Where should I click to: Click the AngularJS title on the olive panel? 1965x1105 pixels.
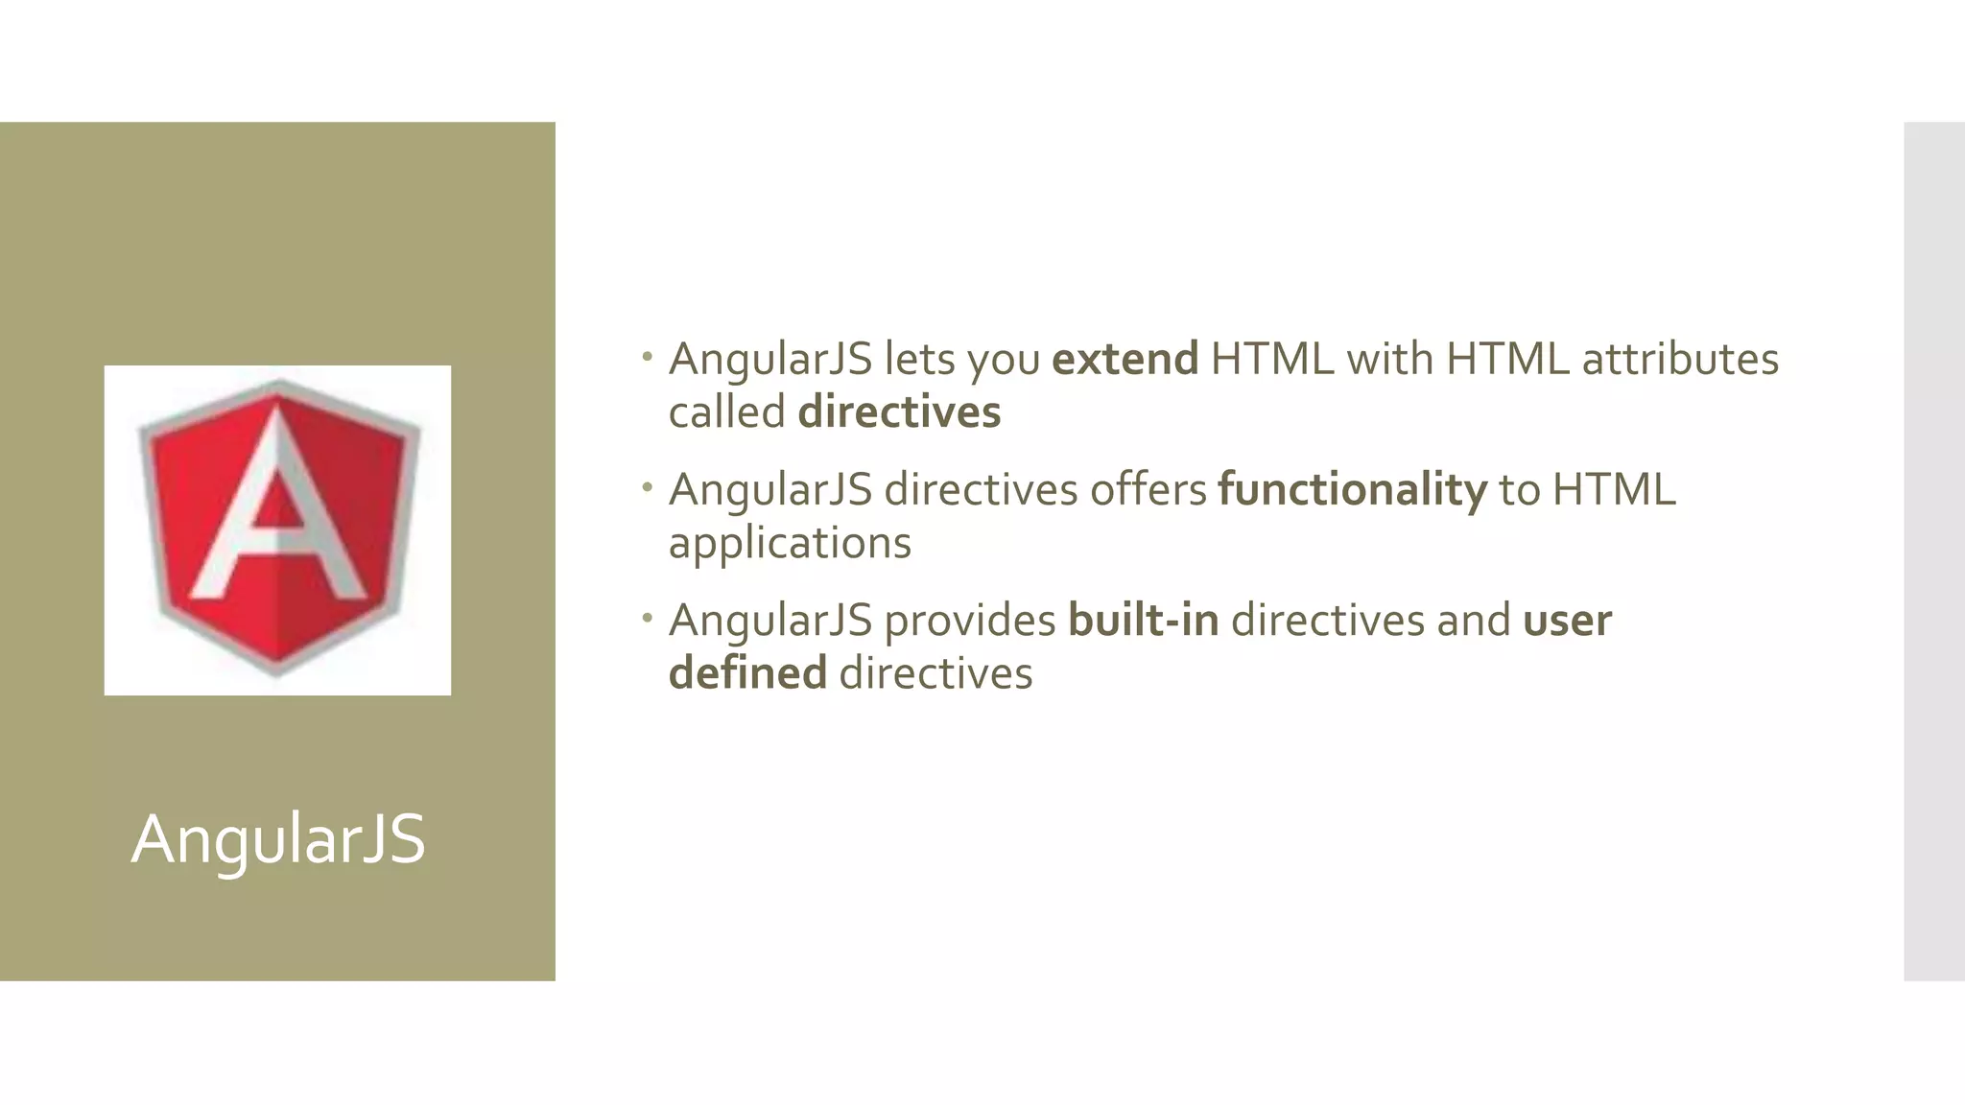pyautogui.click(x=278, y=839)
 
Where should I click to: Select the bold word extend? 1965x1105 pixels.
pyautogui.click(x=1125, y=360)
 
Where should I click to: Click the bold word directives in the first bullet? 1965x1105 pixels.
pyautogui.click(x=899, y=412)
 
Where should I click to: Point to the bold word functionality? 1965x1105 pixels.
pyautogui.click(x=1352, y=490)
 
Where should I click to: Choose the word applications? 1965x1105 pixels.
pyautogui.click(x=790, y=543)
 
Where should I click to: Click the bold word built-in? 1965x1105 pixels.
pyautogui.click(x=1143, y=621)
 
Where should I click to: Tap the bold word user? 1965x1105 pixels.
pyautogui.click(x=1567, y=621)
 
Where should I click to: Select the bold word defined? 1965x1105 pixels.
pyautogui.click(x=747, y=673)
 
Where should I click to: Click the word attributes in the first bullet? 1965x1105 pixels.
pyautogui.click(x=1680, y=360)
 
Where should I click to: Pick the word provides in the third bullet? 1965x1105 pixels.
pyautogui.click(x=969, y=621)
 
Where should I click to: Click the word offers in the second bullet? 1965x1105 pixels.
pyautogui.click(x=1148, y=490)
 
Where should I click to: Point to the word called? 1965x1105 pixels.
pyautogui.click(x=726, y=412)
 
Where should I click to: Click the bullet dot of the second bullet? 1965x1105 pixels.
pyautogui.click(x=648, y=488)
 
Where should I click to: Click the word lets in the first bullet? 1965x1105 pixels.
pyautogui.click(x=919, y=360)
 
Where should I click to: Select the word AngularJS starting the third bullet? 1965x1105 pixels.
pyautogui.click(x=770, y=621)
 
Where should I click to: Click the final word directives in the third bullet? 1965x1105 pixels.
pyautogui.click(x=935, y=673)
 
